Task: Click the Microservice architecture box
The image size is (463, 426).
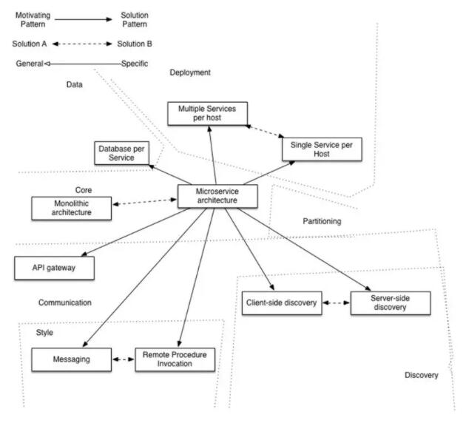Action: [218, 195]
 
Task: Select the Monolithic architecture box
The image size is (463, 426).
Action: [71, 208]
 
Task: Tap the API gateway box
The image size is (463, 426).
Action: [55, 268]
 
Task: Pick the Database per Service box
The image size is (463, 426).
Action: [122, 153]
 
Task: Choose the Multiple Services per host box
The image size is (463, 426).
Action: [206, 113]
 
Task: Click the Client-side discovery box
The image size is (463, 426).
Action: [282, 303]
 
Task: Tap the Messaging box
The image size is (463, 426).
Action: [71, 360]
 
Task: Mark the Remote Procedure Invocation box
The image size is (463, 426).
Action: [175, 360]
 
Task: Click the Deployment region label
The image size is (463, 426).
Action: [190, 72]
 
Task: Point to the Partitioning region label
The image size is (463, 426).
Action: [324, 221]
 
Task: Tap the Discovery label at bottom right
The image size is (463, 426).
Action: [422, 375]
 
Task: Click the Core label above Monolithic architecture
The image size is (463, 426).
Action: [84, 190]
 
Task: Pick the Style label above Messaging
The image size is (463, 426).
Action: [45, 333]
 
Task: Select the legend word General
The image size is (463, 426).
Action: [28, 64]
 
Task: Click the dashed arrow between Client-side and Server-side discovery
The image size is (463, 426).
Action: [337, 303]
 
